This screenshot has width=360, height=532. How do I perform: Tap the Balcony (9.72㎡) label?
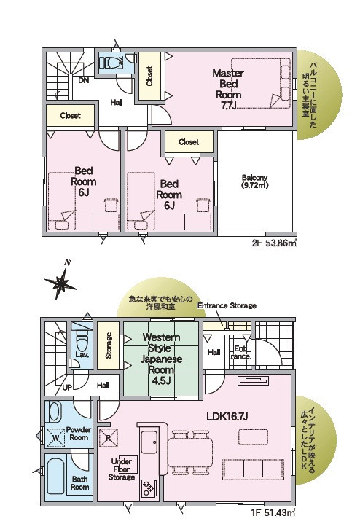[x=255, y=181]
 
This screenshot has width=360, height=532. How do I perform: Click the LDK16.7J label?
[x=227, y=416]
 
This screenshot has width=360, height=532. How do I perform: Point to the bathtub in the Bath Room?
[x=55, y=477]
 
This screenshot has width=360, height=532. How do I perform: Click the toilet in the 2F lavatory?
[x=109, y=63]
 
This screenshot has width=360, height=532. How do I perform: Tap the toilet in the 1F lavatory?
[x=82, y=343]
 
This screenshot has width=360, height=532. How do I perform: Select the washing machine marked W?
[x=55, y=437]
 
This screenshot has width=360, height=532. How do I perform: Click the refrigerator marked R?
[x=109, y=438]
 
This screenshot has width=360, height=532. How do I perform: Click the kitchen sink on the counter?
[x=149, y=442]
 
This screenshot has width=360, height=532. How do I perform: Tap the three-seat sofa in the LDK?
[x=253, y=469]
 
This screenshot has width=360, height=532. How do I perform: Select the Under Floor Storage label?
[x=122, y=469]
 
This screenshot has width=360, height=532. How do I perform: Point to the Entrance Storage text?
[x=227, y=305]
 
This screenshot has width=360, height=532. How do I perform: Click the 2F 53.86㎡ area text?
[x=274, y=243]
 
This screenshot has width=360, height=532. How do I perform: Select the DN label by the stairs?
[x=84, y=80]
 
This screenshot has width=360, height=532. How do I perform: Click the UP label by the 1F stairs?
[x=67, y=387]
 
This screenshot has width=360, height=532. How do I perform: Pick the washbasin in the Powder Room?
[x=55, y=412]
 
